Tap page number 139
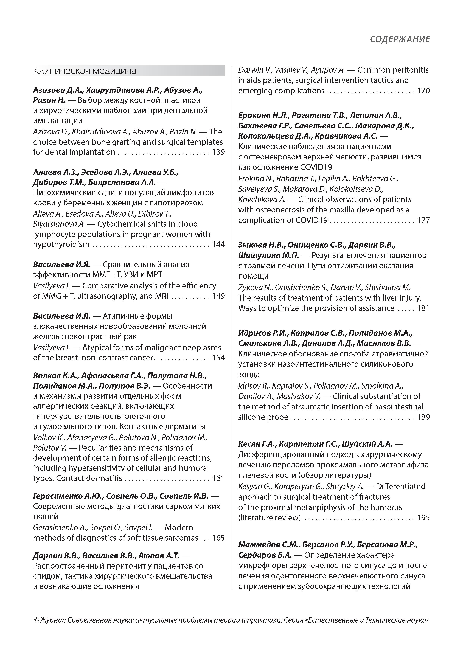(218, 152)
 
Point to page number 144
(218, 244)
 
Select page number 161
(218, 478)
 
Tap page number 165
(218, 538)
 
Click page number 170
(423, 91)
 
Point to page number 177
(423, 220)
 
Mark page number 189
(423, 417)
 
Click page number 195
(423, 518)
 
